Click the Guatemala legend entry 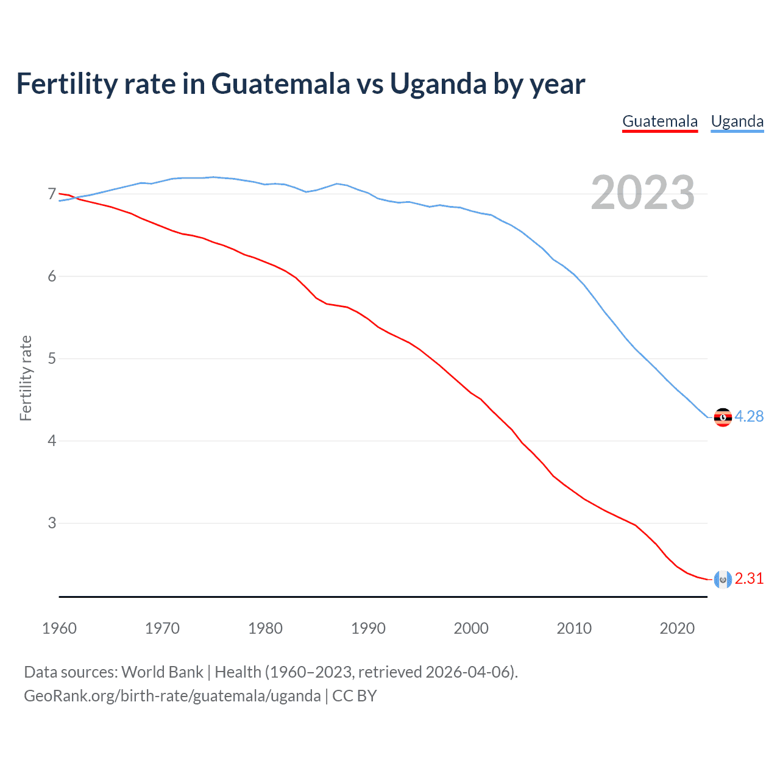pos(660,121)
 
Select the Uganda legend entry pos(737,121)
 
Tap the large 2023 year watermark pos(643,193)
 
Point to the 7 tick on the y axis pos(52,194)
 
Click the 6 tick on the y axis pos(52,277)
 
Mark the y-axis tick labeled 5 pos(52,358)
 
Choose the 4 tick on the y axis pos(52,441)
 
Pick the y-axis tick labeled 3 pos(52,523)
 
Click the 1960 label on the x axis pos(59,628)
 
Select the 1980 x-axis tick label pos(265,628)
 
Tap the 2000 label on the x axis pos(471,628)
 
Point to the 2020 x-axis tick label pos(677,628)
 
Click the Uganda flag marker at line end pos(723,417)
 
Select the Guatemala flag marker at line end pos(723,580)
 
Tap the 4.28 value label pos(749,416)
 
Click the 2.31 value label pos(749,578)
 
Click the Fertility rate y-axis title pos(26,378)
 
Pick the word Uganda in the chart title pos(438,83)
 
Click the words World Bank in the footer pos(162,672)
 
